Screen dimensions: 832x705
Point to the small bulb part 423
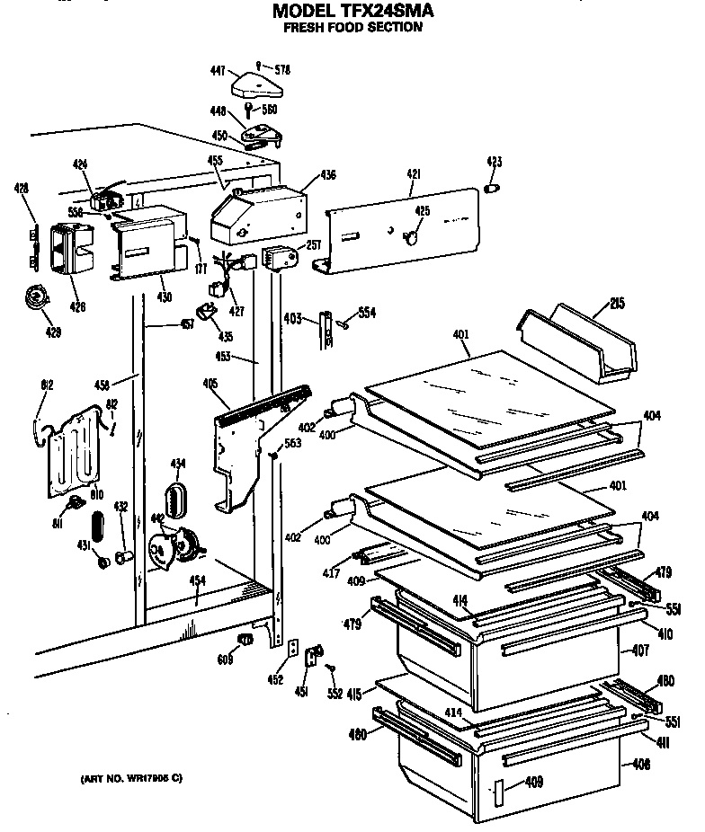tap(493, 189)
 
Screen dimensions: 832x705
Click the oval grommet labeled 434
tap(177, 497)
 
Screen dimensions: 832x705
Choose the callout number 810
tap(96, 493)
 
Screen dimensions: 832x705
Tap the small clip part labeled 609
tap(242, 638)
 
